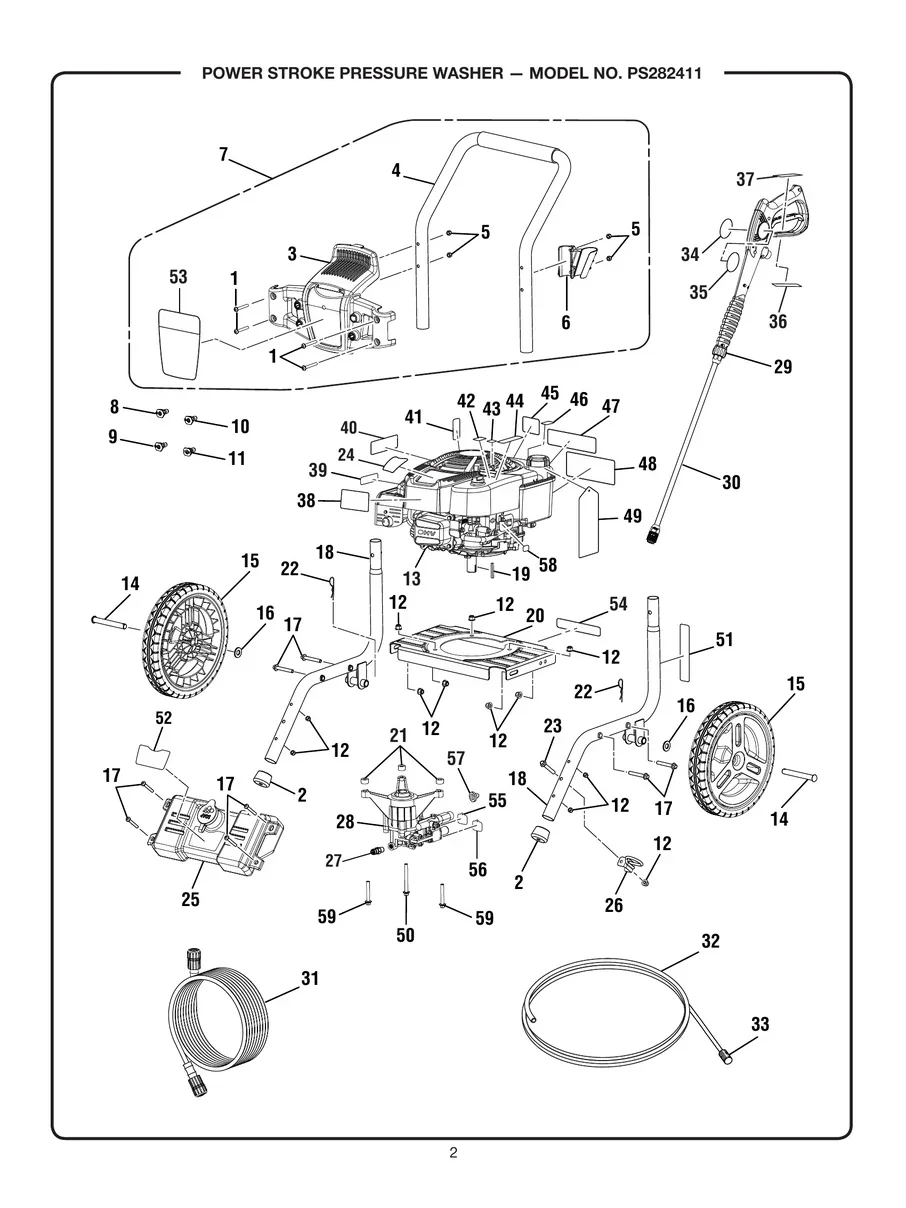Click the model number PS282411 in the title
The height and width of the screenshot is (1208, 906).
[x=653, y=74]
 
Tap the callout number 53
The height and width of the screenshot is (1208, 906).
[x=178, y=277]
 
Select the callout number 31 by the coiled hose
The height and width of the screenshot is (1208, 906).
[x=310, y=979]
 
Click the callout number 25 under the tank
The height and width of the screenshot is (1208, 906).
[x=190, y=899]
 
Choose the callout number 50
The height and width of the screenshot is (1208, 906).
[x=406, y=935]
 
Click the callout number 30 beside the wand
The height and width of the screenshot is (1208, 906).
[x=731, y=482]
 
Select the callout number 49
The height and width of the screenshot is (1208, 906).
[x=632, y=516]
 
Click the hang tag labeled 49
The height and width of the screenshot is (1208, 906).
[x=586, y=519]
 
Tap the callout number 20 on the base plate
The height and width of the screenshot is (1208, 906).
[x=535, y=616]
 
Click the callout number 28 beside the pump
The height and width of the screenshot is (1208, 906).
[x=346, y=821]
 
